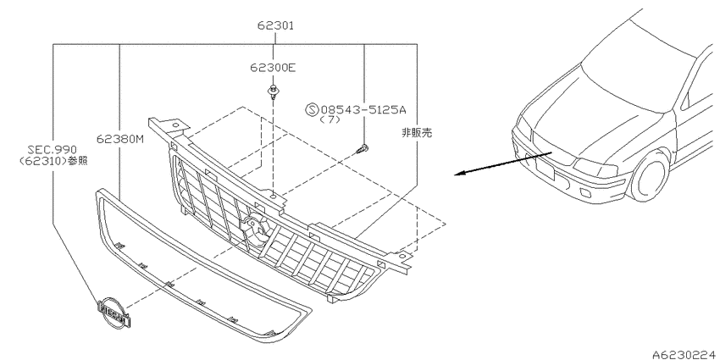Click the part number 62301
point(275,25)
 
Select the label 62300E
point(273,68)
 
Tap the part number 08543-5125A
point(363,110)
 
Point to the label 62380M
point(119,139)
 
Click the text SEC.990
point(52,150)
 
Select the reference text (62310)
point(42,161)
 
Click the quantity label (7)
point(330,119)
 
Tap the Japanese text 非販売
point(417,133)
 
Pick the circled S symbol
point(312,110)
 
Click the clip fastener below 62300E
point(274,92)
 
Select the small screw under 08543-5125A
point(363,148)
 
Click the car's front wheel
point(650,176)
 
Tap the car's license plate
point(545,169)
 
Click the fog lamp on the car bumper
point(585,192)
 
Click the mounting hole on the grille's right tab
point(402,256)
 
